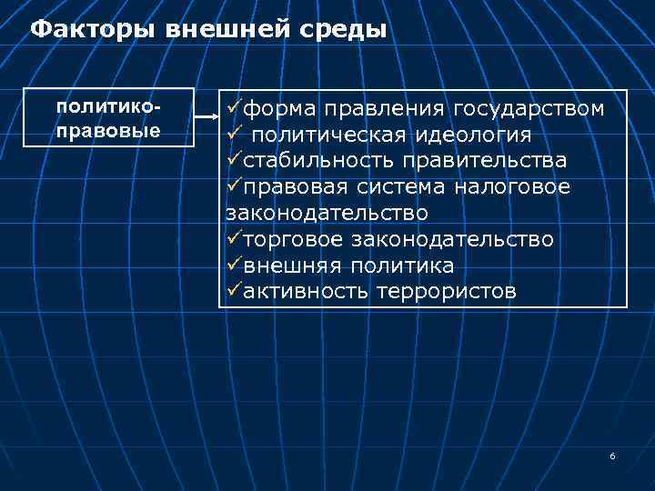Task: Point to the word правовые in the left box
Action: coord(108,129)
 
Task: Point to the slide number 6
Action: coord(612,456)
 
